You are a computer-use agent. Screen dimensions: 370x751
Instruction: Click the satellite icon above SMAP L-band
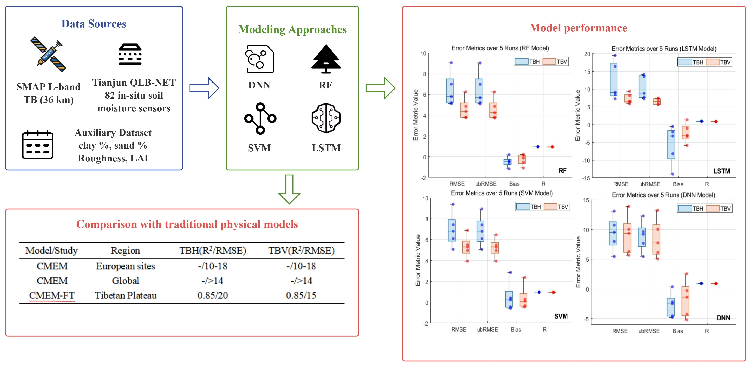coord(48,54)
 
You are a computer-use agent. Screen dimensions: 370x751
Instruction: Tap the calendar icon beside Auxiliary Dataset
coord(38,145)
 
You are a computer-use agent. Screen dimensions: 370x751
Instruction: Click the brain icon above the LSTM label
coord(326,118)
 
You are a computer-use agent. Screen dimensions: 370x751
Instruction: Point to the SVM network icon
coord(260,118)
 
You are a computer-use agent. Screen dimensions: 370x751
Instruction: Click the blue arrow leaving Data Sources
coord(204,88)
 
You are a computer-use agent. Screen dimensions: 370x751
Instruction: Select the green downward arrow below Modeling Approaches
coord(289,189)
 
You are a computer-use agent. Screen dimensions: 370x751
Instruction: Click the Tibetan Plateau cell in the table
coord(126,295)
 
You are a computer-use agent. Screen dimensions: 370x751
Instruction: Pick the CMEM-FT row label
coord(52,295)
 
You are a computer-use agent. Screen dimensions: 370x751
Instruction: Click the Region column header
coord(125,250)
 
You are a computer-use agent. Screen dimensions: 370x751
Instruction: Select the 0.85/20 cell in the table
coord(212,295)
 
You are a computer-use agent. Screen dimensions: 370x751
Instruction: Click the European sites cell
coord(125,266)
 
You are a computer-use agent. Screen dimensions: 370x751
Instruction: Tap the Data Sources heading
coord(94,24)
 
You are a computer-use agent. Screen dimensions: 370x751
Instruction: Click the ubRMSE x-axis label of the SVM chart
coord(487,330)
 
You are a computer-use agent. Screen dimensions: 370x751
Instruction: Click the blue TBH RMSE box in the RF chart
coord(450,91)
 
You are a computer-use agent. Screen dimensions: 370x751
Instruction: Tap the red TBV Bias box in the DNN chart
coord(685,301)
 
